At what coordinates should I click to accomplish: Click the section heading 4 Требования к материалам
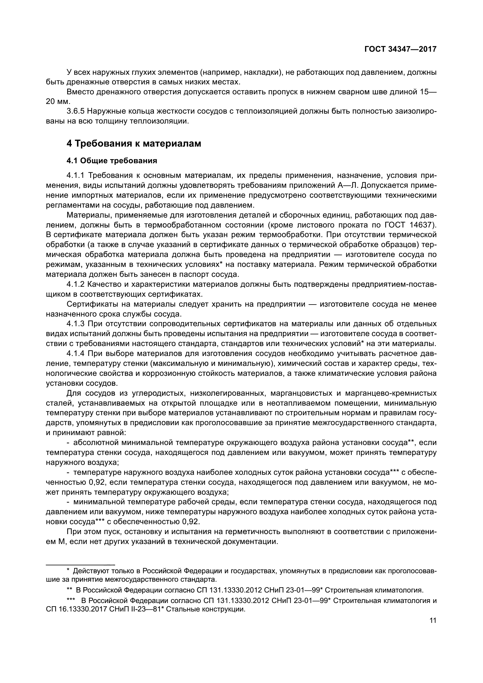(x=134, y=143)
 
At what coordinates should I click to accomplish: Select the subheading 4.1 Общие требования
(x=112, y=161)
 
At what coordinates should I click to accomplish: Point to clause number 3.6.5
(x=76, y=111)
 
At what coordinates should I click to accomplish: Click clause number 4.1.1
(x=76, y=175)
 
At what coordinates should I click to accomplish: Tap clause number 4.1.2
(x=76, y=284)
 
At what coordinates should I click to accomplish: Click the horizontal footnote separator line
(x=80, y=564)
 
